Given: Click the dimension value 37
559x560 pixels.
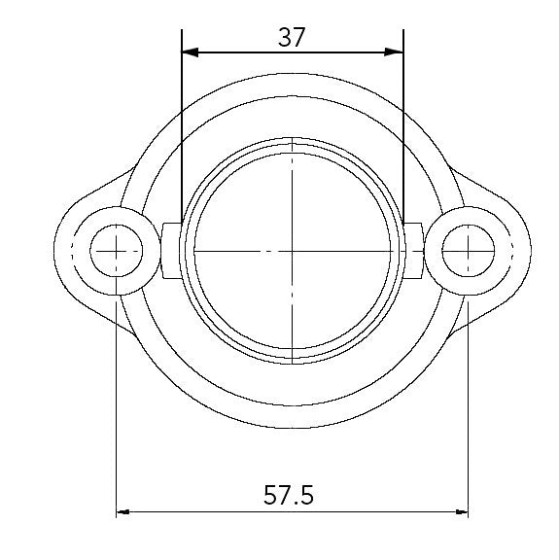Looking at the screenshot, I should click(292, 37).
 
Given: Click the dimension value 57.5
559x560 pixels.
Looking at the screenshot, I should click(289, 495).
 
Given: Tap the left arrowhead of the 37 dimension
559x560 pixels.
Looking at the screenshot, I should click(189, 52).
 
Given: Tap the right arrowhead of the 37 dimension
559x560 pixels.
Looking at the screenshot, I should click(397, 52).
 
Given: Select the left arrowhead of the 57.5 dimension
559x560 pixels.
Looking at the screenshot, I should click(123, 510).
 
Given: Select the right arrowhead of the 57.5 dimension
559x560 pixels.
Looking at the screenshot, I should click(462, 510).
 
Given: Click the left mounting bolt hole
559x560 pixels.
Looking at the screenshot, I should click(117, 251).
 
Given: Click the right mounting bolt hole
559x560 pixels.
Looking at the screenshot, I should click(469, 251).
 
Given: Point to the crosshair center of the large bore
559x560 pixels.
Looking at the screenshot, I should click(293, 251).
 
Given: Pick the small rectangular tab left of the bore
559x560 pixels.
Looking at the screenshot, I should click(172, 251).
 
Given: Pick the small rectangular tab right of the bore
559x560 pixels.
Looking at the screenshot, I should click(413, 251).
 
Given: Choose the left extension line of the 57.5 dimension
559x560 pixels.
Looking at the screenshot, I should click(117, 408).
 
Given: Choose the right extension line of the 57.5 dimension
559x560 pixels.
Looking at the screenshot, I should click(469, 408).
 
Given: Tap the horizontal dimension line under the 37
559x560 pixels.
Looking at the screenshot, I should click(292, 52).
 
